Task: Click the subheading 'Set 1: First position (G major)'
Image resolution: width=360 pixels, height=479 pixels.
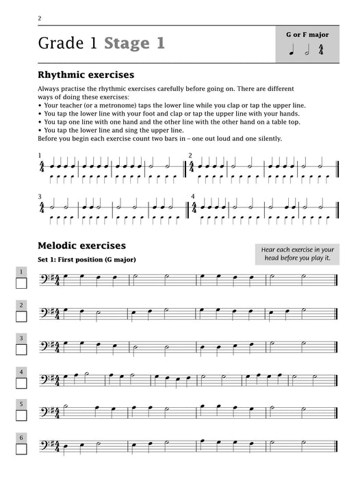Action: (86, 260)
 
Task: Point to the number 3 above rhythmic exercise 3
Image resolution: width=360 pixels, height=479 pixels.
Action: (40, 196)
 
